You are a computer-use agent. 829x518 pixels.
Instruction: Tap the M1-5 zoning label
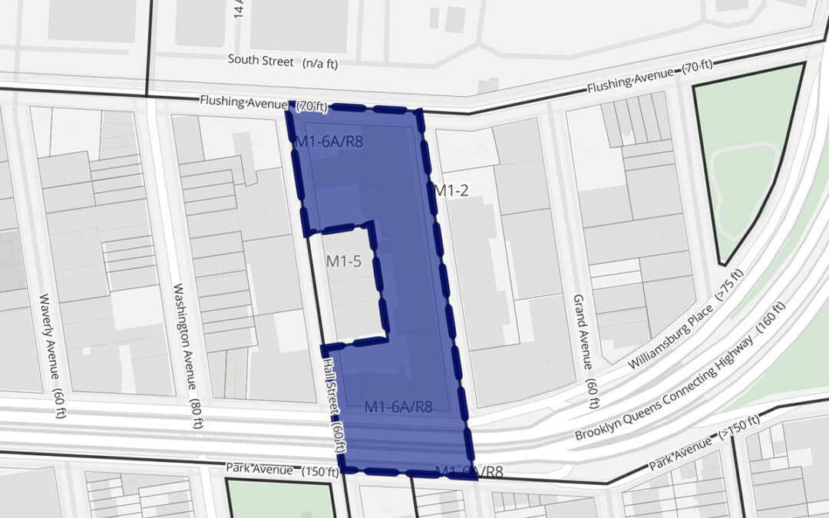343,261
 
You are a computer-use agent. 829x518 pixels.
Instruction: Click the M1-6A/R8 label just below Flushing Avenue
329,140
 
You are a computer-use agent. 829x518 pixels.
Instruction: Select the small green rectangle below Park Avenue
280,499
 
